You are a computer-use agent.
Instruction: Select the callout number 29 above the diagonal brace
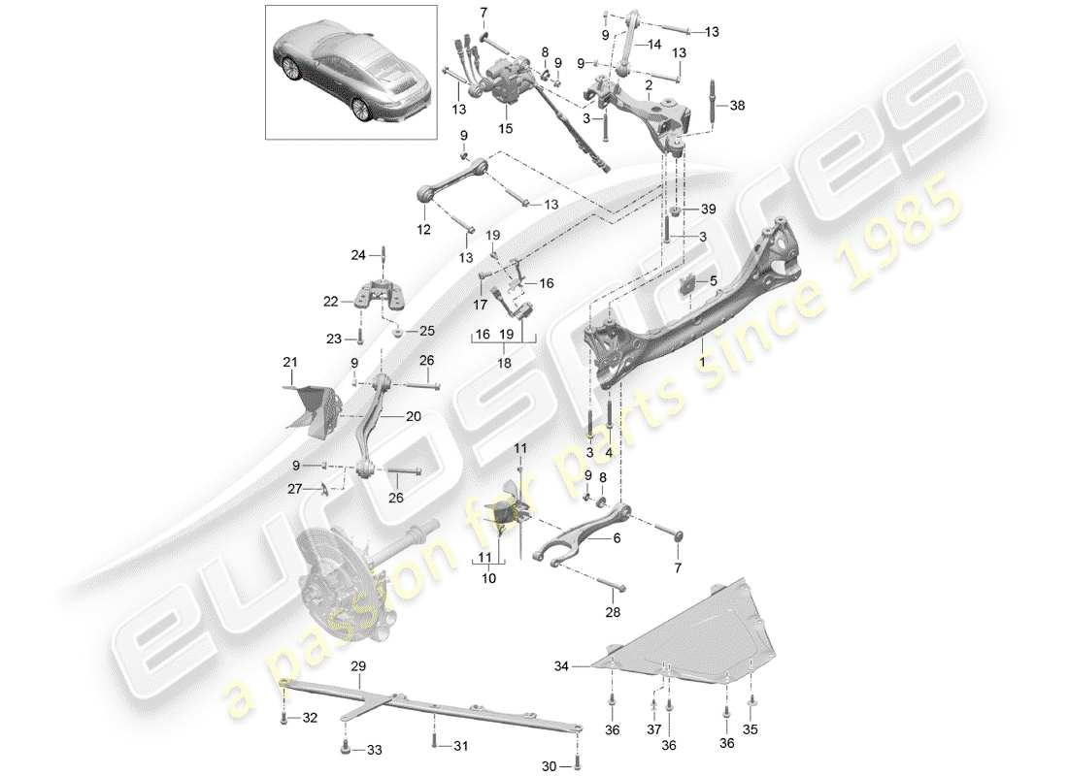358,667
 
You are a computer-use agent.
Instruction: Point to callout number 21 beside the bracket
288,362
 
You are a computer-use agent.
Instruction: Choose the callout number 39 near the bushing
708,210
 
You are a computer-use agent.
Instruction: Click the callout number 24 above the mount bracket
356,256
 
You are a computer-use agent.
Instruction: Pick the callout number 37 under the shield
653,728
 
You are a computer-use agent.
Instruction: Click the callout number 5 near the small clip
714,282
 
